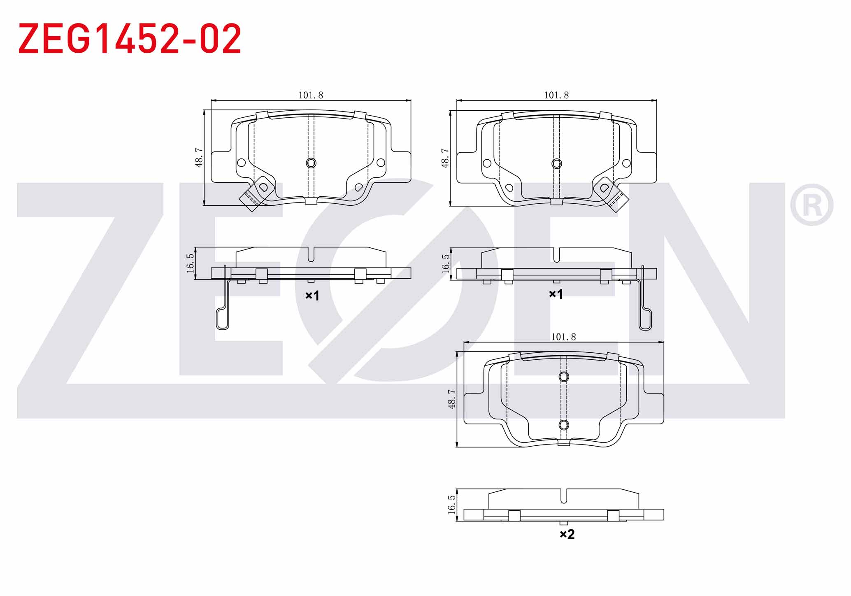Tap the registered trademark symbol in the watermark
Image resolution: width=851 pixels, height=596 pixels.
pyautogui.click(x=811, y=205)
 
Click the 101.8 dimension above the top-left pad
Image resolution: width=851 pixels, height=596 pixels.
pyautogui.click(x=311, y=95)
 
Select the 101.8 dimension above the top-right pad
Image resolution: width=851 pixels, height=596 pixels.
pyautogui.click(x=556, y=95)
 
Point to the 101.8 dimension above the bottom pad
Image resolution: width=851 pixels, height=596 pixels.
pyautogui.click(x=563, y=337)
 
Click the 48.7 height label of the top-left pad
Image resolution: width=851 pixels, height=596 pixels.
pyautogui.click(x=199, y=158)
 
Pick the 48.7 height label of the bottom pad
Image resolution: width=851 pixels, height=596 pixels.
pyautogui.click(x=452, y=399)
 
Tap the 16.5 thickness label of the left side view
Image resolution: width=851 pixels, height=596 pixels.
pyautogui.click(x=190, y=263)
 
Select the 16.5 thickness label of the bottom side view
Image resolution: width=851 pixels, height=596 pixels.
pyautogui.click(x=452, y=505)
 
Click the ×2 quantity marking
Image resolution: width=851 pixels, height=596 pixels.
pyautogui.click(x=567, y=534)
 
